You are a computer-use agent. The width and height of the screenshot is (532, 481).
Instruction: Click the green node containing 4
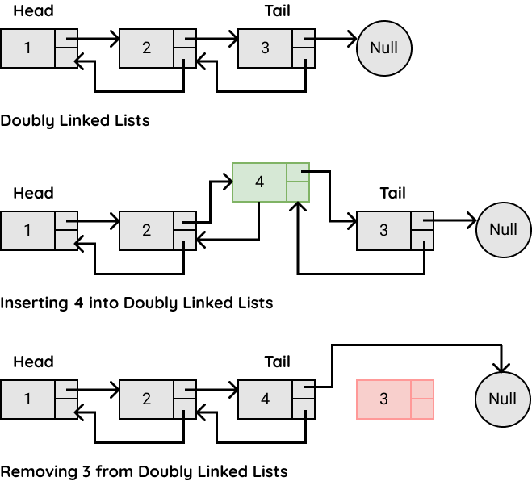click(270, 182)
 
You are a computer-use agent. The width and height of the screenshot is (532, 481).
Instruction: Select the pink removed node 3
click(395, 399)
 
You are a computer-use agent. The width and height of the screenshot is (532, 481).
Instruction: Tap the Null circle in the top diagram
click(384, 48)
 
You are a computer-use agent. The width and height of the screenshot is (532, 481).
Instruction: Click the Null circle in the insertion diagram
click(504, 230)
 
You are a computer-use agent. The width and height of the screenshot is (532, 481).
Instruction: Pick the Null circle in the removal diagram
click(503, 399)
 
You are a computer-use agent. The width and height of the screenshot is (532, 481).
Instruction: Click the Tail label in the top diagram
click(277, 10)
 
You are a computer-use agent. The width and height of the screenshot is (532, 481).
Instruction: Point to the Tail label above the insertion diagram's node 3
click(392, 193)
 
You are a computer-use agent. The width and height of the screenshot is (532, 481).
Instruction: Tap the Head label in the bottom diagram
click(33, 362)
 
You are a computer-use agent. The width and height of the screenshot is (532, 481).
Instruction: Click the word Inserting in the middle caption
click(34, 303)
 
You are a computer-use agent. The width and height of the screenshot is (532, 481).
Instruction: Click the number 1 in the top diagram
click(27, 48)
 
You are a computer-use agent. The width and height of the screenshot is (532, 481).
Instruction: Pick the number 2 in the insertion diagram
click(146, 230)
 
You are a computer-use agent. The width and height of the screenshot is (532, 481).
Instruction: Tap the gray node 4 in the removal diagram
click(276, 399)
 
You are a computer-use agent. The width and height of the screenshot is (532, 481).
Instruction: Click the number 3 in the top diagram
click(265, 48)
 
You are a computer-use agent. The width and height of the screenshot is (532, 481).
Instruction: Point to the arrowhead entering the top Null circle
click(353, 39)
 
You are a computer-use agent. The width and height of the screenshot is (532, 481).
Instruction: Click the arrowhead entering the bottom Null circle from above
click(501, 368)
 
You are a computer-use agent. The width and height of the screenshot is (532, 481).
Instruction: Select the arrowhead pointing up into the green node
click(298, 206)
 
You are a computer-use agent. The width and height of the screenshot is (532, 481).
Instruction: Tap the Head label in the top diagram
click(33, 10)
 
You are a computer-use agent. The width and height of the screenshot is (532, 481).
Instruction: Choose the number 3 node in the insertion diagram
click(395, 231)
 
